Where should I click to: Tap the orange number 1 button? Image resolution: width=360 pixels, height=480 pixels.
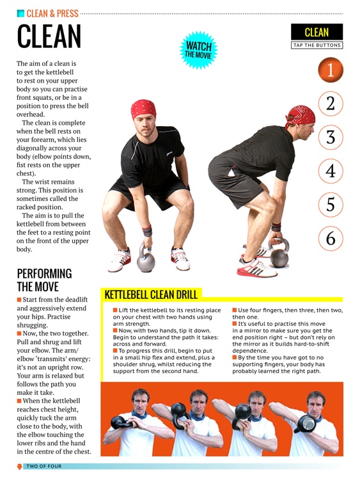tap(330, 70)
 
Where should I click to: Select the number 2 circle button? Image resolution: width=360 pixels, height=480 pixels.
tap(330, 104)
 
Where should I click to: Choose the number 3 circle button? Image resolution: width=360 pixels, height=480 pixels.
tap(330, 137)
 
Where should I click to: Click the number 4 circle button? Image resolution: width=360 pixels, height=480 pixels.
tap(330, 171)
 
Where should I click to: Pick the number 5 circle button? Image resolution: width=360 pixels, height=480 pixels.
tap(330, 205)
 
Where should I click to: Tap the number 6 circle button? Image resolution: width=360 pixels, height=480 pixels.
tap(330, 238)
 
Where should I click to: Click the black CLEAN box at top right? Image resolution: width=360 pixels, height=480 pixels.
tap(317, 32)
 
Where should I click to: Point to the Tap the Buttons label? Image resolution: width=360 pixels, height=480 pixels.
tap(317, 45)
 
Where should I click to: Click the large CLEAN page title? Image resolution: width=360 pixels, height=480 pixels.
tap(49, 37)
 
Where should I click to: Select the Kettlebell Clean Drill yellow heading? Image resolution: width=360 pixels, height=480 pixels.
tap(151, 295)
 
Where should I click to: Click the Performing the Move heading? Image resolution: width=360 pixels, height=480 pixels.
tap(44, 280)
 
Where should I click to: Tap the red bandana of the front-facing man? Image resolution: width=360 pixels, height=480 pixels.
tap(143, 108)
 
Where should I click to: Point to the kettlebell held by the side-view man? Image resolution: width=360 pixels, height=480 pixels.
tap(279, 252)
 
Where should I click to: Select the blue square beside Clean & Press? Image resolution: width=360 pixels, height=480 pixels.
tap(20, 13)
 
